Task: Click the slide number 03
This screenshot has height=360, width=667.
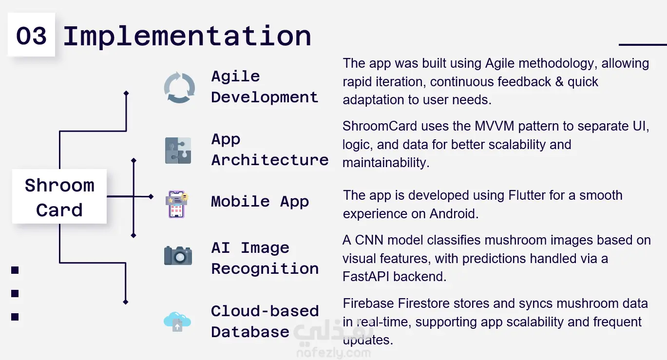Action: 31,36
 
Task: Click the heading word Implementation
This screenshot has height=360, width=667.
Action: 187,37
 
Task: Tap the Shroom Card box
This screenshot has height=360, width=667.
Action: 59,196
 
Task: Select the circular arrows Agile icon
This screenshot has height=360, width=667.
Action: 179,88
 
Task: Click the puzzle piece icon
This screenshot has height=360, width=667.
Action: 178,151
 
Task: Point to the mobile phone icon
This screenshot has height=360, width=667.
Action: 177,204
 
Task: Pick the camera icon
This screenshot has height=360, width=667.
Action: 178,255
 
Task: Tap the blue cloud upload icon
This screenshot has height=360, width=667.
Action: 177,322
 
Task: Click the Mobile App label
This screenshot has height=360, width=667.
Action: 260,202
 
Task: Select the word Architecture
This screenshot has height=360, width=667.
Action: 270,160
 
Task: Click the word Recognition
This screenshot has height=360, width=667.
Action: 265,269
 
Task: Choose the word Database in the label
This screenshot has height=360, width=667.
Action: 250,332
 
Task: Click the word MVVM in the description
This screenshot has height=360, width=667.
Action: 495,126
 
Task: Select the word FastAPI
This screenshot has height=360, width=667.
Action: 366,277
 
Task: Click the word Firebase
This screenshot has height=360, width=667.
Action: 368,303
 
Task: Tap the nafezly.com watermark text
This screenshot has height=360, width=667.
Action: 334,353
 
